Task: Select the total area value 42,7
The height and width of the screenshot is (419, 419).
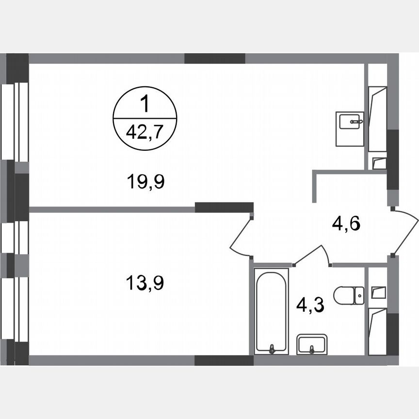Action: point(145,131)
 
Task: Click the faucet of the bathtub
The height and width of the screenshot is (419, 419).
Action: point(272,348)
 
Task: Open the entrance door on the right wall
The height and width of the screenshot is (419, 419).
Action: point(405,233)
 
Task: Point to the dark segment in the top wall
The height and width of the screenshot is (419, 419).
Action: point(215,59)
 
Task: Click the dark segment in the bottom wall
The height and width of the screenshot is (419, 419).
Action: point(224,360)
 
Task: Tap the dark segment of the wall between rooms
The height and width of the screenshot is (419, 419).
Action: point(224,208)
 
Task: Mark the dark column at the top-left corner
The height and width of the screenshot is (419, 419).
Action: point(17,68)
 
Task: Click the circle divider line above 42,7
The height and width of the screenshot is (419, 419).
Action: point(145,118)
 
